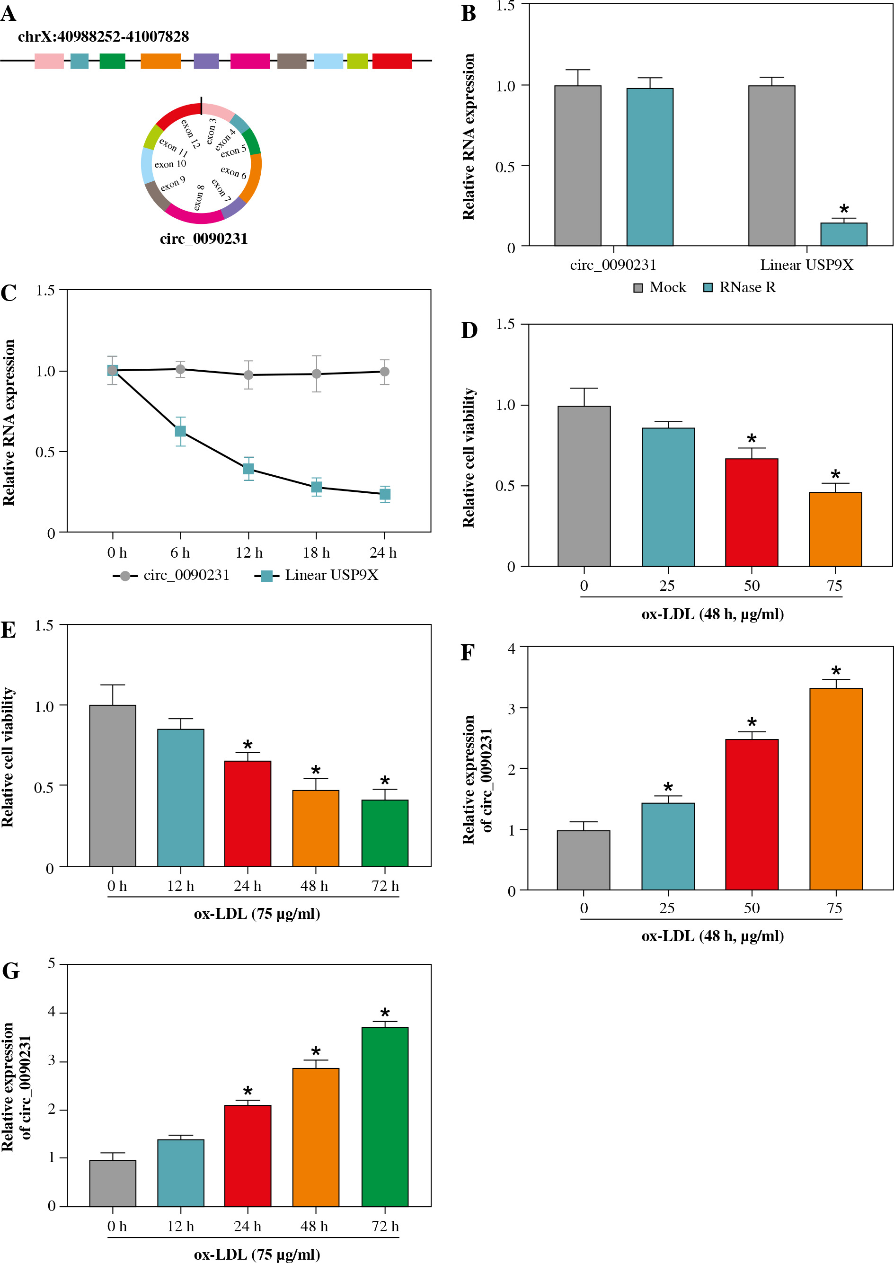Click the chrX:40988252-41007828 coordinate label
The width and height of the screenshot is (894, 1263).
point(104,37)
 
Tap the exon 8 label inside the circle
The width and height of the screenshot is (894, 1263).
point(199,197)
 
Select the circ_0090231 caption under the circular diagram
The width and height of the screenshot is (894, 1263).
point(204,239)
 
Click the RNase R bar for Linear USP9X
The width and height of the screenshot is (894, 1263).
point(843,234)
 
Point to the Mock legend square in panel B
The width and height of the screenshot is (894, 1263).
point(638,288)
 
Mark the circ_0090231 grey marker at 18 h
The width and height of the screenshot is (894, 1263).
point(317,374)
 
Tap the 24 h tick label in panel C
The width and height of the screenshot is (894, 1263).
point(383,553)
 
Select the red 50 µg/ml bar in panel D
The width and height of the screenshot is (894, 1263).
point(752,512)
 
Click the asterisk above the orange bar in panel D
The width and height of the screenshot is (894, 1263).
point(836,475)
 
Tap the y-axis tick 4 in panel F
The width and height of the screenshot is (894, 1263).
point(512,649)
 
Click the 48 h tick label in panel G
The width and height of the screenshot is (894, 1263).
point(314,1226)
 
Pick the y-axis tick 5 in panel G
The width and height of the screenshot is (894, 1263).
point(51,963)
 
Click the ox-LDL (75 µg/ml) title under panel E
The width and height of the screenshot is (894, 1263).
point(257,914)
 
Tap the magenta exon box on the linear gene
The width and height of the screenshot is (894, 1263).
point(250,61)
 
